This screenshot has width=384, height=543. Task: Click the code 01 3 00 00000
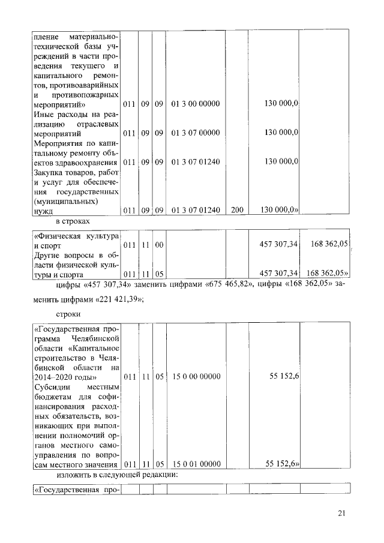pyautogui.click(x=196, y=104)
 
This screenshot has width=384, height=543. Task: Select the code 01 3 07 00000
pyautogui.click(x=196, y=133)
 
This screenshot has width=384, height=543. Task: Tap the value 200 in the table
pyautogui.click(x=237, y=210)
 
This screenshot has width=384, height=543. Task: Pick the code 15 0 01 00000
pyautogui.click(x=196, y=464)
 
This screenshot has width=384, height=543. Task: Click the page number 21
pyautogui.click(x=342, y=512)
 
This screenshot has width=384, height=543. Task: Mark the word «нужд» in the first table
pyautogui.click(x=43, y=211)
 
